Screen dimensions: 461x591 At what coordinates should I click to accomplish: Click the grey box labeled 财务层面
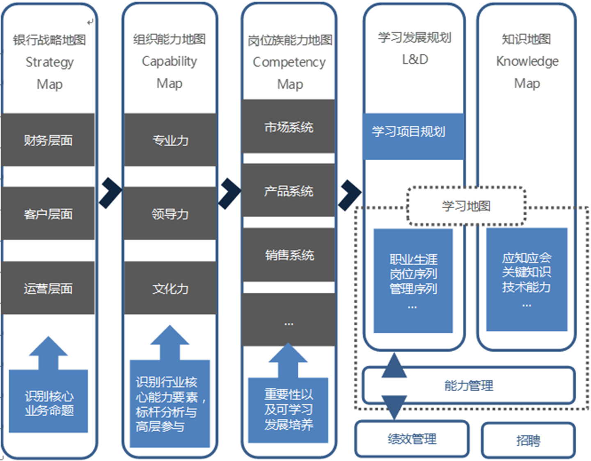coord(48,140)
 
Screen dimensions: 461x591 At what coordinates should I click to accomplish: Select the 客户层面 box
coord(48,213)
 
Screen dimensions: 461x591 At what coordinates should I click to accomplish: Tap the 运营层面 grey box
coord(48,288)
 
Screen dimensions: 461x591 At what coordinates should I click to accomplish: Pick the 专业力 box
coord(170,140)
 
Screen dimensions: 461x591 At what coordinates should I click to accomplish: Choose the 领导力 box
coord(170,213)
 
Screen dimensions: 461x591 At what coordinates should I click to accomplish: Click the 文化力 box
coord(170,288)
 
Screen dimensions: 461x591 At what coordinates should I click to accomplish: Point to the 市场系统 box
coord(289,127)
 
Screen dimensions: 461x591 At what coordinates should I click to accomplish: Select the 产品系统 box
coord(289,190)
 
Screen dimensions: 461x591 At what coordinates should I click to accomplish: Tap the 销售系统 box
coord(289,255)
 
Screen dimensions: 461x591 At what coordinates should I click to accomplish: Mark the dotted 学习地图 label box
coord(466,205)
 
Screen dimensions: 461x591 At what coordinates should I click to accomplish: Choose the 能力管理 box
coord(469,385)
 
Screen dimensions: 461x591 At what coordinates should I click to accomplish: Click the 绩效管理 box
coord(412,439)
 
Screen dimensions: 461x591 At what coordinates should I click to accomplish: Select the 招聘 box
coord(528,440)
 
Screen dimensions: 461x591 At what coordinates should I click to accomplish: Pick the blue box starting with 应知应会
coord(527,279)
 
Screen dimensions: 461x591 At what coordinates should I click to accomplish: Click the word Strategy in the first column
coord(50,62)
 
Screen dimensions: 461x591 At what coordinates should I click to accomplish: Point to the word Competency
coord(289,62)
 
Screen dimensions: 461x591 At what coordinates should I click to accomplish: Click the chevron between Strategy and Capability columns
coord(110,192)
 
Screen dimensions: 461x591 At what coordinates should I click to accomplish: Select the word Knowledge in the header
coord(527,61)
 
